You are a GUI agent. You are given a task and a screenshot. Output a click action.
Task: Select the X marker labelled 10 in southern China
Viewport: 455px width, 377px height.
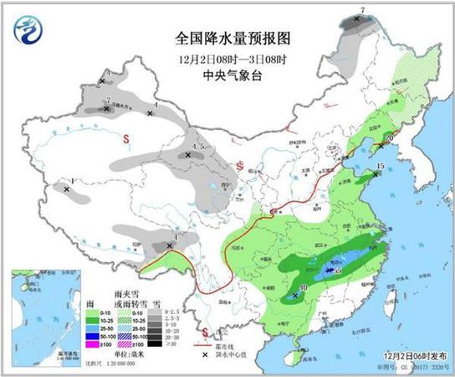click(x=294, y=296)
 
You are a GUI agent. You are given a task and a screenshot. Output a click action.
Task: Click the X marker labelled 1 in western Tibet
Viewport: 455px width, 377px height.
click(x=66, y=189)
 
